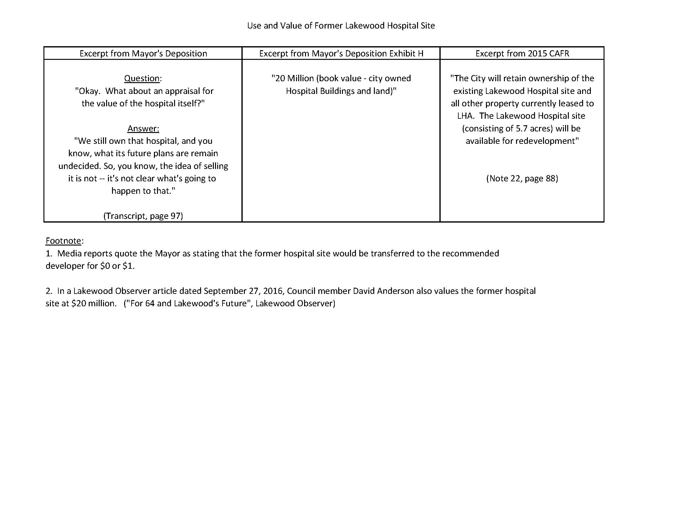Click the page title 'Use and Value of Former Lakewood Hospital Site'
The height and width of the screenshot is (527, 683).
click(341, 26)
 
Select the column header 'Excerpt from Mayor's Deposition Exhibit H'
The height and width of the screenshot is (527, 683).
click(341, 53)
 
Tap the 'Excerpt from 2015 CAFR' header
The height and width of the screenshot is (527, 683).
click(522, 53)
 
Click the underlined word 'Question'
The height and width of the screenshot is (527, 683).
click(142, 78)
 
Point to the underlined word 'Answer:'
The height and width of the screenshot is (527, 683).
click(143, 128)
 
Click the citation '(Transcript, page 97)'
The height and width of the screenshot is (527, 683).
click(143, 216)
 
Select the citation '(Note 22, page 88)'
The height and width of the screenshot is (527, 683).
click(522, 178)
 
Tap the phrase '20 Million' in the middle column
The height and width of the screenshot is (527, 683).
click(294, 78)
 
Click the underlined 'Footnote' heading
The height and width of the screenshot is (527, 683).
click(64, 241)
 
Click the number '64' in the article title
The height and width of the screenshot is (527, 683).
click(150, 303)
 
